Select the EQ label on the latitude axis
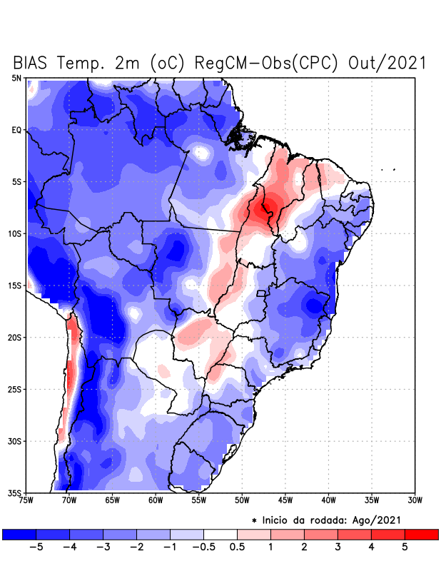[x=16, y=130]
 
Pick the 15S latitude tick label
[x=15, y=285]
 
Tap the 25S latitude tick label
[x=15, y=389]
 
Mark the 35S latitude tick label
[x=15, y=492]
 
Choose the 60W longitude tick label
[x=155, y=500]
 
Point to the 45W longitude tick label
[x=285, y=500]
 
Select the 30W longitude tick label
[x=415, y=500]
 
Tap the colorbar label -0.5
[x=203, y=547]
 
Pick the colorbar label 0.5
[x=238, y=547]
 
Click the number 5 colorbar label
[x=405, y=547]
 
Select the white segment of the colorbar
[x=220, y=534]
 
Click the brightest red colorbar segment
[x=421, y=534]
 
